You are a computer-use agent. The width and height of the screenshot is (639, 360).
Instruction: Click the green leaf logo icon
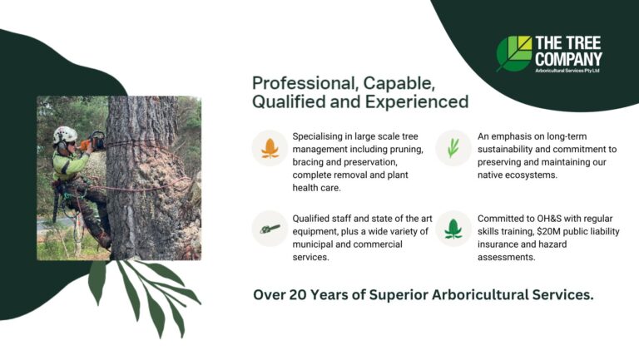click(x=514, y=52)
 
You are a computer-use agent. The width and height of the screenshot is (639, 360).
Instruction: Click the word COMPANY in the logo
click(x=567, y=59)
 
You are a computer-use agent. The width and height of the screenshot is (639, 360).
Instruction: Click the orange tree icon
click(x=270, y=148)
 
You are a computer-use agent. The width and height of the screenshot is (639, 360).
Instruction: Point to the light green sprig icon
click(x=453, y=148)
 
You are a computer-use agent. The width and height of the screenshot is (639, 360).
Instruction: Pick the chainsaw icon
click(x=270, y=229)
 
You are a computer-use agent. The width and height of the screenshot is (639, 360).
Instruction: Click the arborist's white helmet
click(x=63, y=134)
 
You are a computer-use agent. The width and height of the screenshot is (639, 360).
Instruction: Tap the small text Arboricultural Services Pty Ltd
click(x=567, y=72)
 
